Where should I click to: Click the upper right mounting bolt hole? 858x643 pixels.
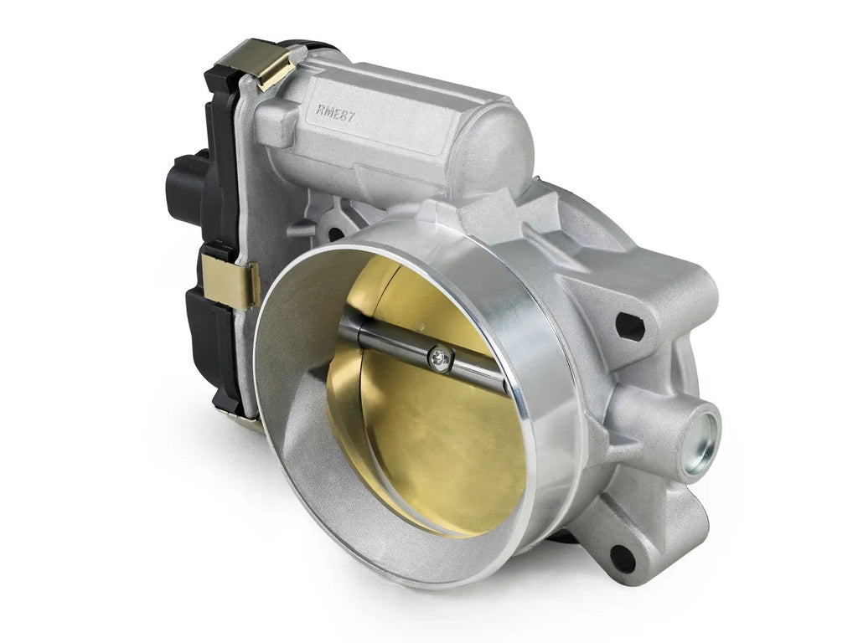[629, 326]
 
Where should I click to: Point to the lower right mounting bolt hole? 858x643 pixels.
[622, 557]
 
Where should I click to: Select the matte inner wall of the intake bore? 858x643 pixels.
[293, 402]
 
